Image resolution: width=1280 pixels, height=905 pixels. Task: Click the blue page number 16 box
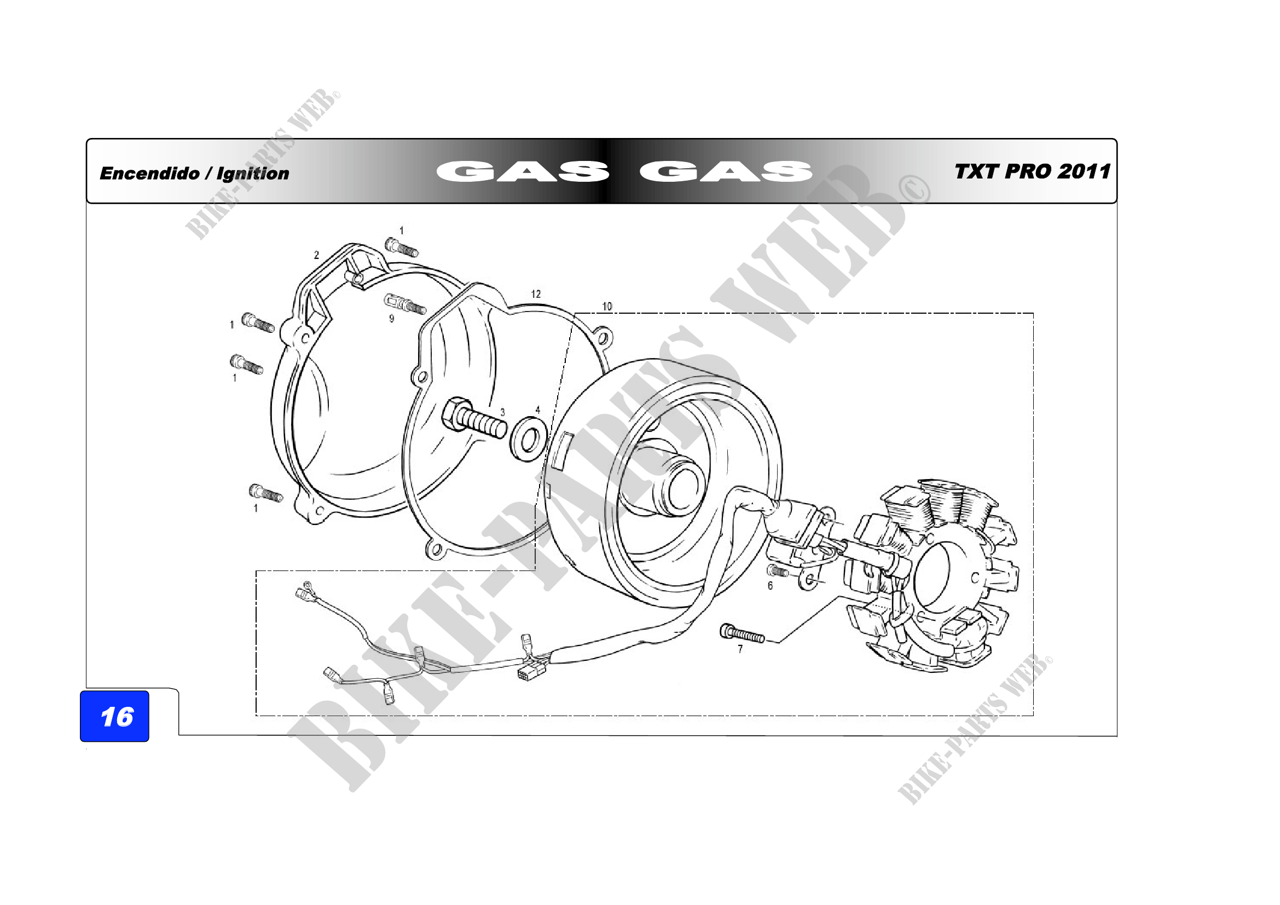tap(114, 716)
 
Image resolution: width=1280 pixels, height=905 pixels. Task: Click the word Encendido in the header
tap(149, 174)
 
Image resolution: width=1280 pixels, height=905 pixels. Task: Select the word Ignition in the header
tap(253, 174)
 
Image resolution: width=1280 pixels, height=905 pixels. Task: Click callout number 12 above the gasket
tap(536, 294)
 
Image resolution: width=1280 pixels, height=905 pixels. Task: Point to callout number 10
tap(607, 306)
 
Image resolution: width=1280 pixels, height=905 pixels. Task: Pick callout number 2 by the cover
tap(317, 255)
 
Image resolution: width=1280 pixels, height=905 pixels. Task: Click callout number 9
tap(391, 319)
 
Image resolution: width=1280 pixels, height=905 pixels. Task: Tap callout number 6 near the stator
tap(771, 585)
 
